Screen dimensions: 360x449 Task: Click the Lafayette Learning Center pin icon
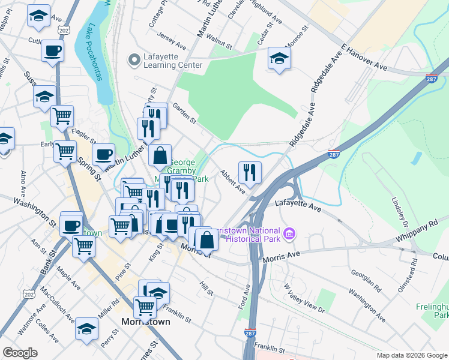click(x=133, y=59)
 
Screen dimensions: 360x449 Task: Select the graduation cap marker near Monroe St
click(x=280, y=58)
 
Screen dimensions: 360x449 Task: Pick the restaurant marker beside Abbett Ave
click(x=250, y=172)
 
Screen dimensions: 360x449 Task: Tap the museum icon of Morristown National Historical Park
click(x=289, y=233)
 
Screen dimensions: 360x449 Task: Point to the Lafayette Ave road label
click(x=298, y=206)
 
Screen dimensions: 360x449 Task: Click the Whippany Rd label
click(x=418, y=232)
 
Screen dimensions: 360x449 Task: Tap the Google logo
click(x=20, y=353)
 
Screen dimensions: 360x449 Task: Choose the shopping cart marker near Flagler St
click(x=62, y=116)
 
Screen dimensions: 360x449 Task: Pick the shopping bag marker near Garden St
click(x=160, y=156)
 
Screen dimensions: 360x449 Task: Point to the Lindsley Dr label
click(x=400, y=213)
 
